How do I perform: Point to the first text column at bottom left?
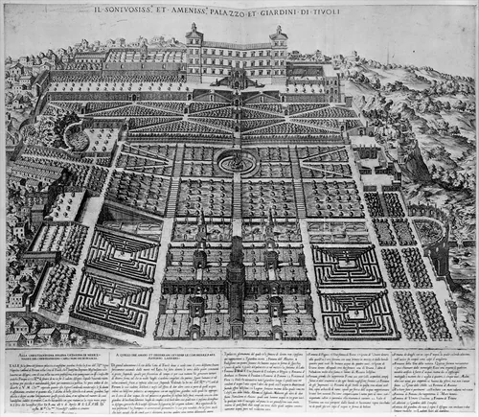click(x=63, y=379)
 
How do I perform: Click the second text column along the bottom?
click(x=177, y=379)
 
